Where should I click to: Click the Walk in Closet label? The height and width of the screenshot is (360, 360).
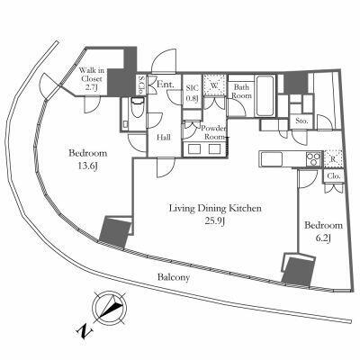pyautogui.click(x=91, y=79)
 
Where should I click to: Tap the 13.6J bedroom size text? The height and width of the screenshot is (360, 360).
pyautogui.click(x=87, y=166)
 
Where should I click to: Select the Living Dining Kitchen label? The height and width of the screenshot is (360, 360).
pyautogui.click(x=215, y=208)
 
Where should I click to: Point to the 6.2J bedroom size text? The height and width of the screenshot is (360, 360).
pyautogui.click(x=323, y=238)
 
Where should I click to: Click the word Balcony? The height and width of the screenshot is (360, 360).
pyautogui.click(x=174, y=277)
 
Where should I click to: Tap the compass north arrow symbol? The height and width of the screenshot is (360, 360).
pyautogui.click(x=109, y=309)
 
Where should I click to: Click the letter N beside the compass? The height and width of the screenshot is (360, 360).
pyautogui.click(x=85, y=330)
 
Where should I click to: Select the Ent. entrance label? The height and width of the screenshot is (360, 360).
pyautogui.click(x=166, y=85)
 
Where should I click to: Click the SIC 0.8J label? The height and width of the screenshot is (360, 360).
pyautogui.click(x=193, y=93)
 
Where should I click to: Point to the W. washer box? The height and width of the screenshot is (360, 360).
pyautogui.click(x=214, y=85)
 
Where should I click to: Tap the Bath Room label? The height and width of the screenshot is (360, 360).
pyautogui.click(x=242, y=91)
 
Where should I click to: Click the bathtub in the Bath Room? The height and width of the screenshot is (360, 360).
pyautogui.click(x=265, y=95)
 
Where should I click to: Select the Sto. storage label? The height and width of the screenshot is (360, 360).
pyautogui.click(x=301, y=121)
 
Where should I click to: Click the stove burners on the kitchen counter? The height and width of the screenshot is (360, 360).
pyautogui.click(x=313, y=159)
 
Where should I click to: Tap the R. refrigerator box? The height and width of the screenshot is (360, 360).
pyautogui.click(x=333, y=158)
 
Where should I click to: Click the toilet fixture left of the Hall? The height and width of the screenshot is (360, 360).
pyautogui.click(x=138, y=111)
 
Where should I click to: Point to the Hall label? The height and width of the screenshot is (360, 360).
pyautogui.click(x=164, y=138)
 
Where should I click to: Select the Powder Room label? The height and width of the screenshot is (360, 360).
pyautogui.click(x=213, y=132)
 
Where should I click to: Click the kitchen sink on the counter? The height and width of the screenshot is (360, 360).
pyautogui.click(x=272, y=159)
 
